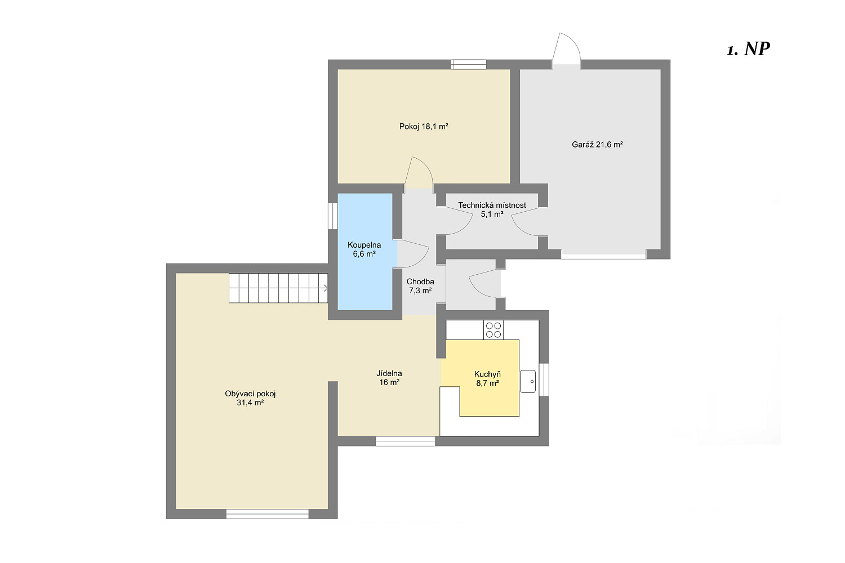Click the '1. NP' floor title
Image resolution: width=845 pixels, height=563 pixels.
748,49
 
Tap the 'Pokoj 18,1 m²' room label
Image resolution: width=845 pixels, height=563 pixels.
424,127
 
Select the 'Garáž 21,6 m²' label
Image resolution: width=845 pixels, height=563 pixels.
597,145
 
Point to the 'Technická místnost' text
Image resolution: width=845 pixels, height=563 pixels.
492,205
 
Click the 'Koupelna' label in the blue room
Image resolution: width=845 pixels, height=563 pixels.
364,245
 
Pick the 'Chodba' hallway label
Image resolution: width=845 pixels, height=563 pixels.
420,281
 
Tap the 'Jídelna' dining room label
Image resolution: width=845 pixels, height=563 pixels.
389,374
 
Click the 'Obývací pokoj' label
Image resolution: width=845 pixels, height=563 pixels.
250,394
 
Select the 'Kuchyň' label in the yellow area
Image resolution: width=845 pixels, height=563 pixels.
487,374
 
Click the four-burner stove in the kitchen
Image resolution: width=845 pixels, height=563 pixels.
493,330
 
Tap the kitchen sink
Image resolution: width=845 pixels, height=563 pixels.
528,381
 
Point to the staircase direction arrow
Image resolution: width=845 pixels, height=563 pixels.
325,288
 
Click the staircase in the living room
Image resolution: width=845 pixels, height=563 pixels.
278,288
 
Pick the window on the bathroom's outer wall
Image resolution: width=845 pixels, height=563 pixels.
332,216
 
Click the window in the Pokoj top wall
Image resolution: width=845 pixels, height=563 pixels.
469,65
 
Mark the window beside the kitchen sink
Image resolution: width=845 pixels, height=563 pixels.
544,379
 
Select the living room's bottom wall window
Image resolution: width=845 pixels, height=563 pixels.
268,514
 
